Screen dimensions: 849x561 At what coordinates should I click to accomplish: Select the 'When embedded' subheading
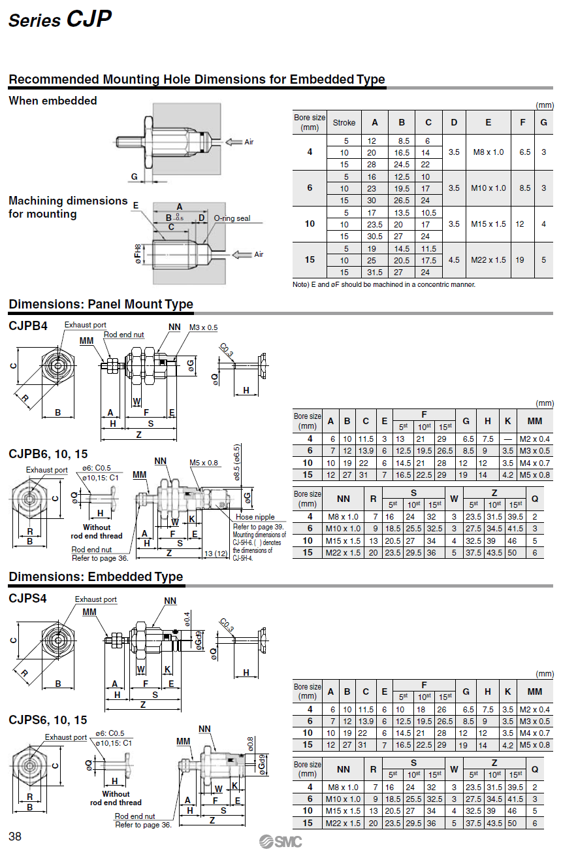[53, 101]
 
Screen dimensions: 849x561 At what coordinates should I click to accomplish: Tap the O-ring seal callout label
[232, 218]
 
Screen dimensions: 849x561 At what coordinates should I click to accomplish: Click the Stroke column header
[344, 122]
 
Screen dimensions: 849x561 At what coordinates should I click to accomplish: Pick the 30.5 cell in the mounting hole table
[375, 236]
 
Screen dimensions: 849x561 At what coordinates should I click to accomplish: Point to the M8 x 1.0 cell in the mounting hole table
[488, 152]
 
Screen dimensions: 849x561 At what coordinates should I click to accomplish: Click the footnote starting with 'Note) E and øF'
[384, 284]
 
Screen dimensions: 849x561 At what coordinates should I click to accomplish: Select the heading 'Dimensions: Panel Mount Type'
[101, 304]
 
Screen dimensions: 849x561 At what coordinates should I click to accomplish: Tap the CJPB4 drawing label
[28, 325]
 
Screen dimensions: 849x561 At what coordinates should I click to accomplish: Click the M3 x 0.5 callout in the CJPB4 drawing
[203, 327]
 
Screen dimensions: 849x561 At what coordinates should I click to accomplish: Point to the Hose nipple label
[255, 517]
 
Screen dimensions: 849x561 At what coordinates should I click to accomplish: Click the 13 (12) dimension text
[216, 554]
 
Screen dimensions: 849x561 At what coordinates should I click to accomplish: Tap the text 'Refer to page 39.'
[259, 526]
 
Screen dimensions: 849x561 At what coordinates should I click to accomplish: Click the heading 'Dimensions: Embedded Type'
[96, 576]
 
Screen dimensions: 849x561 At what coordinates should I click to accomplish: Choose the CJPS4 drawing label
[28, 597]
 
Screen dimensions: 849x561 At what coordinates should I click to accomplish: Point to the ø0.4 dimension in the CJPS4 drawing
[187, 618]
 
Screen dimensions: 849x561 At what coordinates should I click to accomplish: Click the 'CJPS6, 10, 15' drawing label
[48, 720]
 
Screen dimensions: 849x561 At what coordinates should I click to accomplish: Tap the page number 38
[15, 836]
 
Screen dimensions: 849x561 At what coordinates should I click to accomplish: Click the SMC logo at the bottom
[280, 841]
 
